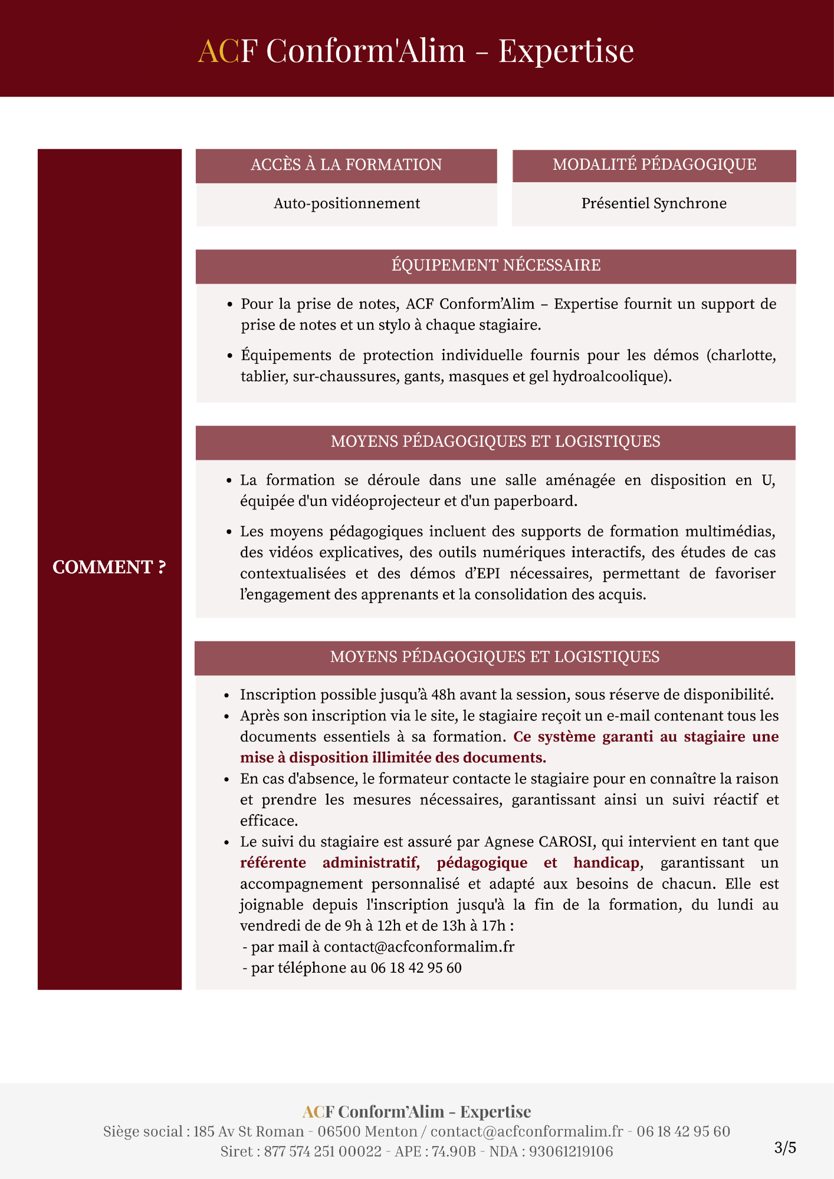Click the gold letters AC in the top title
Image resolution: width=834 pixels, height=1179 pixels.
point(218,51)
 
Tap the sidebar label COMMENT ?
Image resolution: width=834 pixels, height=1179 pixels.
point(109,567)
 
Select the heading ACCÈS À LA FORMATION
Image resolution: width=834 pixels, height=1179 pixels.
point(346,165)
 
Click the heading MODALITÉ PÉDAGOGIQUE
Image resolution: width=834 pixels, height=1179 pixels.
point(654,164)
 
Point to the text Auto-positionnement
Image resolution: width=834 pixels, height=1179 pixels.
point(347,204)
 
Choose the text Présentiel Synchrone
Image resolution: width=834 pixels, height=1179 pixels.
point(654,204)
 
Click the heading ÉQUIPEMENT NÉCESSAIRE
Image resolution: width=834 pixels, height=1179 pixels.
point(495,266)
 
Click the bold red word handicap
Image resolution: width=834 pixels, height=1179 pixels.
point(606,863)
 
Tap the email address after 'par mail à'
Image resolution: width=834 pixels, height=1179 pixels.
point(419,947)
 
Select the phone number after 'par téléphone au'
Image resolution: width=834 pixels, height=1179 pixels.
point(416,968)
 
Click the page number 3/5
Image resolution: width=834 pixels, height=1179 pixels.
point(784,1148)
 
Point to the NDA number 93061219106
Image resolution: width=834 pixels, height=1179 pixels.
point(570,1151)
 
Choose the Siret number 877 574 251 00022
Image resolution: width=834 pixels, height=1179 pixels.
point(323,1151)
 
